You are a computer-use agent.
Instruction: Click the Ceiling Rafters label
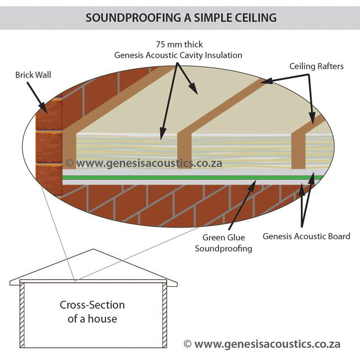point(316,66)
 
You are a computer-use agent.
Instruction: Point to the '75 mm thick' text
point(178,44)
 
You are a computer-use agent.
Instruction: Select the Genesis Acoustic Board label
point(306,236)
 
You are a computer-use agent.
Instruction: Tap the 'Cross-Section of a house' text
point(92,312)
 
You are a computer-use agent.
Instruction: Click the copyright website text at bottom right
point(262,344)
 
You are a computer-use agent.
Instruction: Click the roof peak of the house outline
point(92,250)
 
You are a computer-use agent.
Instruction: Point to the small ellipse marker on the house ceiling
point(75,280)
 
